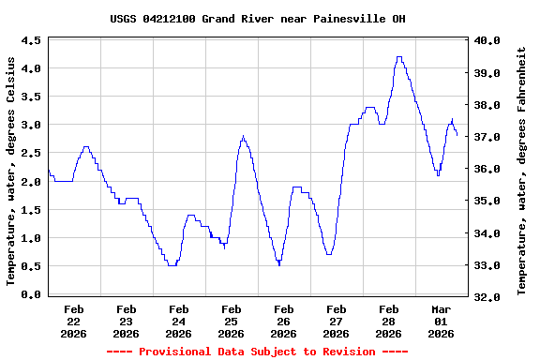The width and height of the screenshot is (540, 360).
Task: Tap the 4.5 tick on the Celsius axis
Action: coord(31,41)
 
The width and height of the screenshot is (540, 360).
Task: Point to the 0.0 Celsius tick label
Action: coord(31,295)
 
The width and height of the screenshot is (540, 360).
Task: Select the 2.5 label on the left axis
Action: coord(31,154)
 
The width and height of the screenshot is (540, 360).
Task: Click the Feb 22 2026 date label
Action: coord(73,321)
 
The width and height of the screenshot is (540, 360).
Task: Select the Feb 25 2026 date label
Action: coord(231,321)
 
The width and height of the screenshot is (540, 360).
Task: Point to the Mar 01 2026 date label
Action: coord(441,321)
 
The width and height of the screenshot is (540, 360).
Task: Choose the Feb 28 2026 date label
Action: coord(388,321)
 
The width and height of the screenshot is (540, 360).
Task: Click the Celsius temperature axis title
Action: coord(11,170)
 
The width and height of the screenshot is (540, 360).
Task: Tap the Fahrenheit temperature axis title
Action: coord(521,170)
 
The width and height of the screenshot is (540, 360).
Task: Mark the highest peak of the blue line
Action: coord(399,57)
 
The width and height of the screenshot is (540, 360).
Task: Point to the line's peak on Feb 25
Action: coord(243,137)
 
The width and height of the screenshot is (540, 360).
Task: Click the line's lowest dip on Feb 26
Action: coord(278,265)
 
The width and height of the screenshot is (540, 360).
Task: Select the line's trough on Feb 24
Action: coord(172,265)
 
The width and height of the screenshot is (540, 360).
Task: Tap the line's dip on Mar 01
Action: coord(438,174)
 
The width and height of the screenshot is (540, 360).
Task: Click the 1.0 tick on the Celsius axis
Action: coord(31,239)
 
